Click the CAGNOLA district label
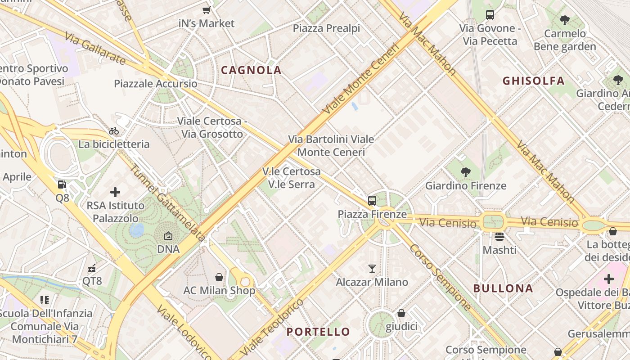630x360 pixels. (251, 70)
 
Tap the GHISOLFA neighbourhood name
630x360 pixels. (533, 81)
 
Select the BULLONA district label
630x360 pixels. (503, 288)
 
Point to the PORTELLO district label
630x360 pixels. (318, 332)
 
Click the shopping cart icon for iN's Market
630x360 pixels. (206, 10)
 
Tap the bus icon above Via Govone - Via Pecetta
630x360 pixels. (490, 15)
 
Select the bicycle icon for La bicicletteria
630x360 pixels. (114, 131)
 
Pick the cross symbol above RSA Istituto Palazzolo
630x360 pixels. (115, 192)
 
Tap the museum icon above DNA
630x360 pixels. (168, 235)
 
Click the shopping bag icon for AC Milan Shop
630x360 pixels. (219, 277)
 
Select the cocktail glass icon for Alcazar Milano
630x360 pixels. (372, 269)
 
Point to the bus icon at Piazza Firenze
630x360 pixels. (372, 201)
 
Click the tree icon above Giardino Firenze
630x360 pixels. (466, 172)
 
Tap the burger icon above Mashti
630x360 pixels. (499, 236)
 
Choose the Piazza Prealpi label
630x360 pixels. (326, 28)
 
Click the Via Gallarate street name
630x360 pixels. (94, 48)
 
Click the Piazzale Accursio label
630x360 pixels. (155, 84)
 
